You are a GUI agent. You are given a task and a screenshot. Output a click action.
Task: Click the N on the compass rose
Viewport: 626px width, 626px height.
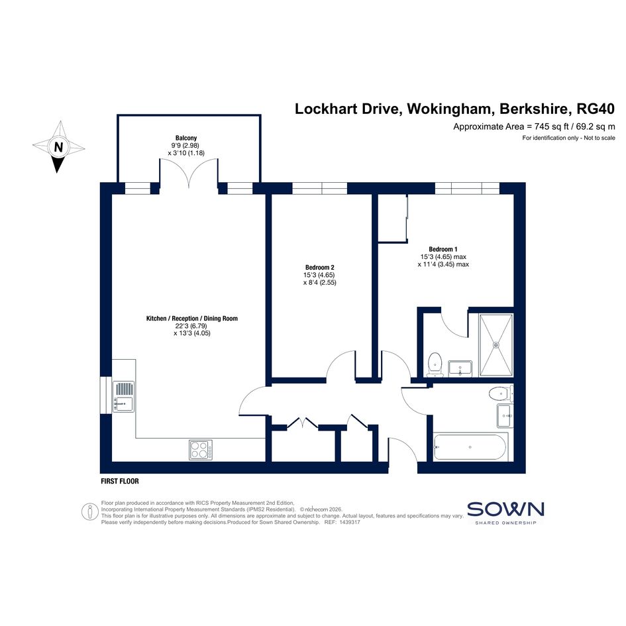click(58, 147)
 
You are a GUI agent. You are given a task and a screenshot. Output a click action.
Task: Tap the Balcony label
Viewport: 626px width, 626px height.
click(186, 138)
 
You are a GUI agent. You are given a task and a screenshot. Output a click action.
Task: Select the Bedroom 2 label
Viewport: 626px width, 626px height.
click(320, 268)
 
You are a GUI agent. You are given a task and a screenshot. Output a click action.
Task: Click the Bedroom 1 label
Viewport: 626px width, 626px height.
click(443, 249)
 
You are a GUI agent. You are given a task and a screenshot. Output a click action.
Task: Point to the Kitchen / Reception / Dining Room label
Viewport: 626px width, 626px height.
click(192, 319)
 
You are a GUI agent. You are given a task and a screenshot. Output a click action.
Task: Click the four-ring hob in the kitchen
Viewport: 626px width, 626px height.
click(201, 450)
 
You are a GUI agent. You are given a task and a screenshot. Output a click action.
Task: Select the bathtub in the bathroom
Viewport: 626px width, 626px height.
click(470, 447)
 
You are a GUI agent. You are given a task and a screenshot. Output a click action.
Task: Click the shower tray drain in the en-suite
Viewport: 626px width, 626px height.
click(496, 344)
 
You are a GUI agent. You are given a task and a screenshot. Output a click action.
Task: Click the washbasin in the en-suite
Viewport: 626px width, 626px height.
click(460, 368)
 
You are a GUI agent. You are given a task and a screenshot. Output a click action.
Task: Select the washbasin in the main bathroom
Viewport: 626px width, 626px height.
click(505, 415)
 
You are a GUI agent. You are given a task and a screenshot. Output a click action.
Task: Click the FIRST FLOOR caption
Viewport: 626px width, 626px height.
click(120, 481)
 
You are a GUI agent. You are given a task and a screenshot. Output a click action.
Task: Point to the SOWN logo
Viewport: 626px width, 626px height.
click(505, 512)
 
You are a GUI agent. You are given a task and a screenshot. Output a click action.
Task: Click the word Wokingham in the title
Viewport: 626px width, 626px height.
click(449, 109)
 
